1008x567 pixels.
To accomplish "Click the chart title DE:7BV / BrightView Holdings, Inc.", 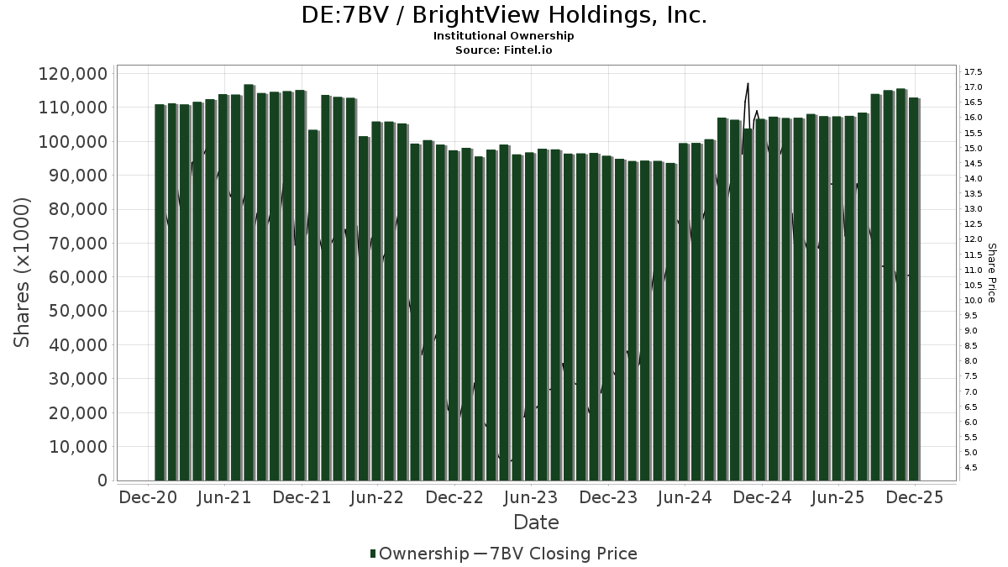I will [x=504, y=15].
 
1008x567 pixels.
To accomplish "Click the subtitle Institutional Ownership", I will [x=504, y=36].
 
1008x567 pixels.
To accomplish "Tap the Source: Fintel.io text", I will [x=504, y=50].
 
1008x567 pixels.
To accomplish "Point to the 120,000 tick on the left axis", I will [x=73, y=74].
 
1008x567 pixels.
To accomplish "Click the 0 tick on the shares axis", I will [x=102, y=480].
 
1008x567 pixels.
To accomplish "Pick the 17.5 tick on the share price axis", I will [x=974, y=71].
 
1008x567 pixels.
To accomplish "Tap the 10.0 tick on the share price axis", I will [x=974, y=300].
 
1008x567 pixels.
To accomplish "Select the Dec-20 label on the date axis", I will [x=148, y=497].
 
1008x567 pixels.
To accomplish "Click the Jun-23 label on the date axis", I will [x=529, y=497].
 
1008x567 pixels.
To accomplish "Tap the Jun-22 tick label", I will [x=377, y=497].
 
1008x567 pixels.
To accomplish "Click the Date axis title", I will [x=536, y=522].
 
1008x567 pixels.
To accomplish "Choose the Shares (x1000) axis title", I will [x=22, y=272].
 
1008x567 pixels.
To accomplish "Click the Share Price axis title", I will [x=992, y=273].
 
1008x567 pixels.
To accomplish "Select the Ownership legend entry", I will [x=420, y=554].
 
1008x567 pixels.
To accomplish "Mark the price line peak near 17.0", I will [x=748, y=83].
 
